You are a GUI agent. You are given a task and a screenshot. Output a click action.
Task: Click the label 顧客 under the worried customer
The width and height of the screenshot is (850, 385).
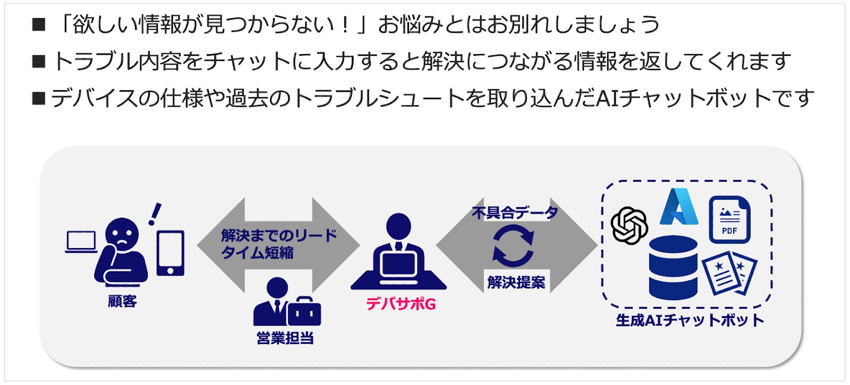(122, 301)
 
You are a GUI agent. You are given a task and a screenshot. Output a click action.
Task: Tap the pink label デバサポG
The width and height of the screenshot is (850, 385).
(401, 304)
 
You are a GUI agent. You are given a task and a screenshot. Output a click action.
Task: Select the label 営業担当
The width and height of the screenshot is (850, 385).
(285, 338)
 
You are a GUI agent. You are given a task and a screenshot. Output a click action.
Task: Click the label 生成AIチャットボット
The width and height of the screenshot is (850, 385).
(690, 320)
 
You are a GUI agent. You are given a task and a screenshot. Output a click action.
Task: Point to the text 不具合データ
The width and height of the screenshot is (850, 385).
(515, 213)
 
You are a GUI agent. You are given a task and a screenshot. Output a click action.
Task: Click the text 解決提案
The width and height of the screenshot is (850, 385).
(516, 282)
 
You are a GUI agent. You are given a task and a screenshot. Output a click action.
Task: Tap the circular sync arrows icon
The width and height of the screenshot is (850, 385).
(513, 245)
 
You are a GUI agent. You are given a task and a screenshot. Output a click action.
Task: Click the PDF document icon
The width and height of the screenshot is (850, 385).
(729, 219)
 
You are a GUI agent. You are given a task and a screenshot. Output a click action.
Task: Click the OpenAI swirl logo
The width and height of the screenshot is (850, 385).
(629, 225)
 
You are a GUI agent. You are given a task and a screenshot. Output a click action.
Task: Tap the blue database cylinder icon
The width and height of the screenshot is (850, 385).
(673, 268)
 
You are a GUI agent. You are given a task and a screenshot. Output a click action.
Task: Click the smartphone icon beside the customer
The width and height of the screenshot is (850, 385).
(170, 253)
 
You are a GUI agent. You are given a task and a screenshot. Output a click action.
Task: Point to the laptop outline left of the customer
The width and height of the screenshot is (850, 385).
(81, 242)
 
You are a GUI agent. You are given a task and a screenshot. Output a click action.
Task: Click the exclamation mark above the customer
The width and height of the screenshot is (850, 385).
(155, 214)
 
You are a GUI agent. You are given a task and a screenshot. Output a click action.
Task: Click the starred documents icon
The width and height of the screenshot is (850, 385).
(729, 273)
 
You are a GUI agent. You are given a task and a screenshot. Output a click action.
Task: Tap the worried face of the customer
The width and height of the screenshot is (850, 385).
(122, 234)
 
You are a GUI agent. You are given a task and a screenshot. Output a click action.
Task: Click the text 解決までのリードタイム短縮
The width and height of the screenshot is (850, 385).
(278, 244)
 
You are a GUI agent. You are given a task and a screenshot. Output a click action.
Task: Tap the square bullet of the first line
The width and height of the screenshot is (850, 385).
(39, 24)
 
